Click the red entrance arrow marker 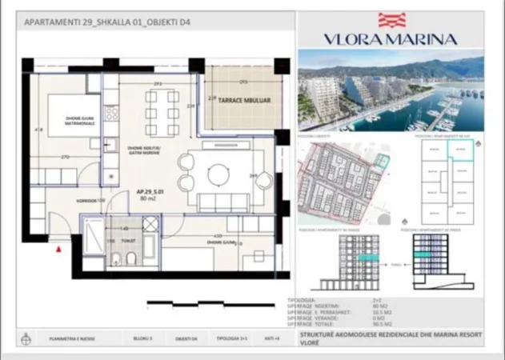coord(58,250)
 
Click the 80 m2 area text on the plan coord(147,198)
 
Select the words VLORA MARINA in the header coord(391,38)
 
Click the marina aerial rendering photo coord(391,90)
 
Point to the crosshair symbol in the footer coord(30,338)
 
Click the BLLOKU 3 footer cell coord(143,338)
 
